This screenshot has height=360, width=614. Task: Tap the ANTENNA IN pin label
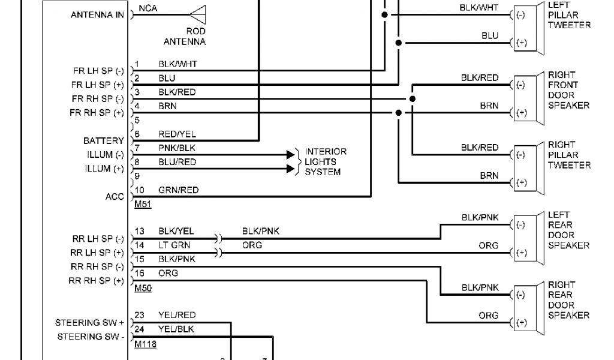tap(98, 14)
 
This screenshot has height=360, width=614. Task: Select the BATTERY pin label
tap(104, 141)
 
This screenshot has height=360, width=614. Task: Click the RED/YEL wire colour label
tap(177, 134)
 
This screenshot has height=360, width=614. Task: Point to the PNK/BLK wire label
tap(177, 148)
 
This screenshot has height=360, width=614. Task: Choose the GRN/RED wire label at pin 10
tap(178, 190)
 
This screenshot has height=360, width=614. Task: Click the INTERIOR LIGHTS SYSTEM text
tap(326, 162)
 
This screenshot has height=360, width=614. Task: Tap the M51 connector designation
tap(143, 204)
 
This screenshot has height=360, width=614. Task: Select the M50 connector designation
tap(143, 288)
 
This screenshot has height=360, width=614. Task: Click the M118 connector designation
tap(146, 344)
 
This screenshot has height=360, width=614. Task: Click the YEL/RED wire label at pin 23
tap(177, 315)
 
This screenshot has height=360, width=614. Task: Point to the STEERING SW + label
tap(89, 323)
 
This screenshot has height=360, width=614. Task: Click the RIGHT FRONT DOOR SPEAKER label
tap(568, 91)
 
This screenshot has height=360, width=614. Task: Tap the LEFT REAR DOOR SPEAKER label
tap(568, 230)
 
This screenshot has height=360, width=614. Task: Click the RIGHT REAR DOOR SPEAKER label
tap(568, 300)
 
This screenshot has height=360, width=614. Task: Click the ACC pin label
tap(115, 197)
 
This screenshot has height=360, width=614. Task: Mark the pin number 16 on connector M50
tap(140, 274)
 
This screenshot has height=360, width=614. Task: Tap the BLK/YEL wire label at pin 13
tap(176, 231)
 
